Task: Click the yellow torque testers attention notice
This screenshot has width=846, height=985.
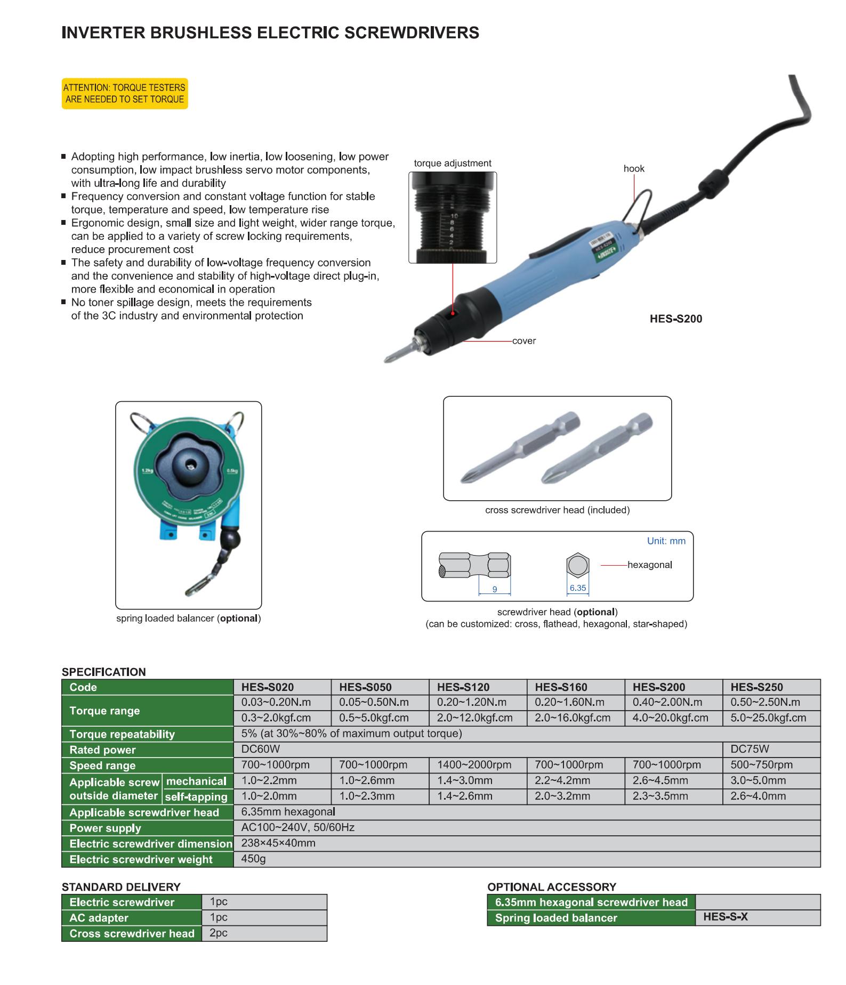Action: pyautogui.click(x=125, y=94)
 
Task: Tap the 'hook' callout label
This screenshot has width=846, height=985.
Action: pyautogui.click(x=634, y=168)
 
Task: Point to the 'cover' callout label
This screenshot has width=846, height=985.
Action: pyautogui.click(x=523, y=341)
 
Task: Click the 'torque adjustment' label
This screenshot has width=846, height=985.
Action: pyautogui.click(x=453, y=164)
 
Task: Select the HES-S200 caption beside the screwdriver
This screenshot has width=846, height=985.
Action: pyautogui.click(x=675, y=319)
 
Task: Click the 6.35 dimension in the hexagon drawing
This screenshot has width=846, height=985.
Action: pyautogui.click(x=577, y=588)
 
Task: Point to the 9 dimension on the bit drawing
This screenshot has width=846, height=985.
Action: pyautogui.click(x=494, y=589)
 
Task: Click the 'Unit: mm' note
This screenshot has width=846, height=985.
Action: pyautogui.click(x=666, y=541)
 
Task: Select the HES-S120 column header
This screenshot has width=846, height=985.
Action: pyautogui.click(x=463, y=687)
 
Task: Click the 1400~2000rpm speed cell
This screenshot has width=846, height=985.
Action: pyautogui.click(x=474, y=765)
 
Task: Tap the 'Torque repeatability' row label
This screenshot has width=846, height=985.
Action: pyautogui.click(x=122, y=734)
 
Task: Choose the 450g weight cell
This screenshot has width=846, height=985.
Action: pyautogui.click(x=253, y=859)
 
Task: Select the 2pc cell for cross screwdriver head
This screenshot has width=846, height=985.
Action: pyautogui.click(x=219, y=933)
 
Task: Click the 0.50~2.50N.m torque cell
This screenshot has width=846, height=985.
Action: pyautogui.click(x=765, y=702)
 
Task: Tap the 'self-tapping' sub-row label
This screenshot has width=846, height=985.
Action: pyautogui.click(x=196, y=797)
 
